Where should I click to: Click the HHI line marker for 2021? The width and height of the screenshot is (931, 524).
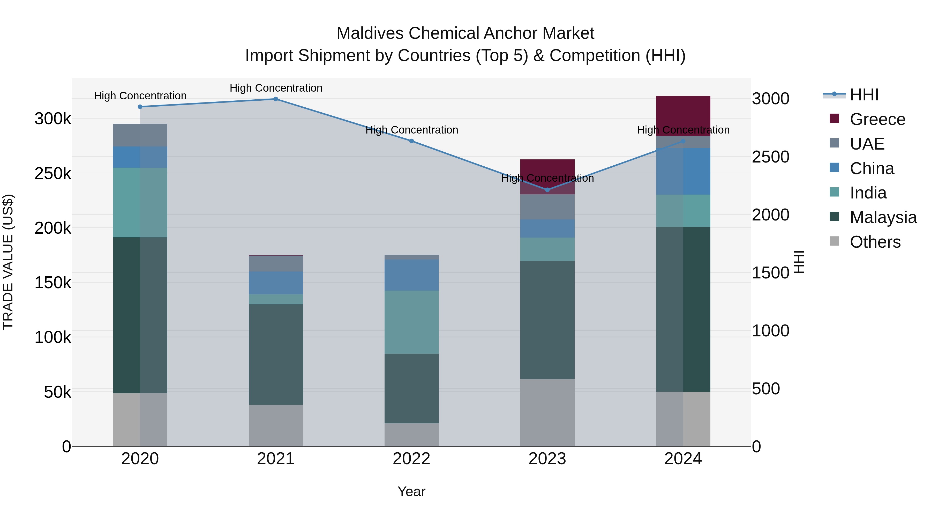click(276, 99)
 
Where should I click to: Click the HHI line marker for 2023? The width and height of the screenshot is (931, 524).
click(547, 190)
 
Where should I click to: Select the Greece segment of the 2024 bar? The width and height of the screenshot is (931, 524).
click(683, 116)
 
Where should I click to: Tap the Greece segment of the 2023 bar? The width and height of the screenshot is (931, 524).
click(547, 170)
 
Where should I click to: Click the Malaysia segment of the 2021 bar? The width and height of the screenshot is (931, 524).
click(276, 355)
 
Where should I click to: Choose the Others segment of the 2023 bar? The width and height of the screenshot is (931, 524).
click(547, 412)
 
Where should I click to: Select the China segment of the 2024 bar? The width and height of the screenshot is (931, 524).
click(683, 171)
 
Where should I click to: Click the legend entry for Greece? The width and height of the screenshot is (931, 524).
click(877, 119)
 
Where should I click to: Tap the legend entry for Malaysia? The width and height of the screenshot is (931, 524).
click(883, 217)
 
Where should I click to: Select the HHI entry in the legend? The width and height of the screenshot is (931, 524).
click(864, 95)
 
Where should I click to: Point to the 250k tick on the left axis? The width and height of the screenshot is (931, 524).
click(53, 174)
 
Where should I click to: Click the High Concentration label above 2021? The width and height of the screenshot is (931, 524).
click(276, 88)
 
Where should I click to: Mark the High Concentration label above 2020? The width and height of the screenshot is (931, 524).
click(140, 96)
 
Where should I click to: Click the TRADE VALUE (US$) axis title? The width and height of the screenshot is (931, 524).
click(8, 262)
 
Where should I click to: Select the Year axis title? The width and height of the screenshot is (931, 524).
click(411, 491)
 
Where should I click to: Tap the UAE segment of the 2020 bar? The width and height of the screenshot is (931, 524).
click(140, 135)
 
